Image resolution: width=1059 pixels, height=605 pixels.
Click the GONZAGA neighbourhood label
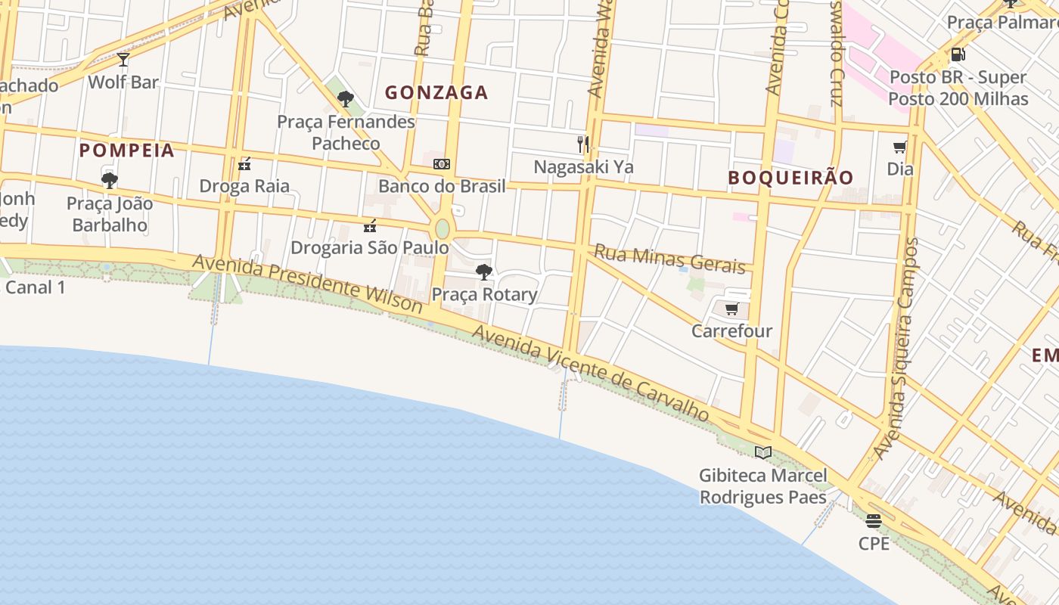(436, 93)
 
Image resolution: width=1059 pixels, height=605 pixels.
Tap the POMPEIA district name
(127, 150)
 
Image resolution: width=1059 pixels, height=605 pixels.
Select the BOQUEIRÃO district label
(790, 178)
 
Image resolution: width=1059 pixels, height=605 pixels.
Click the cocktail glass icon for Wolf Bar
(123, 60)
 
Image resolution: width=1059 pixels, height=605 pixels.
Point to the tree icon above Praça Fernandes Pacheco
(346, 99)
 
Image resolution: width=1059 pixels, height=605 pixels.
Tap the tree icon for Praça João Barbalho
(110, 181)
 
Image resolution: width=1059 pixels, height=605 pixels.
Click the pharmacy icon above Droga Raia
(244, 164)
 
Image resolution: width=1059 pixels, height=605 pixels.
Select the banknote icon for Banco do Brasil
(442, 164)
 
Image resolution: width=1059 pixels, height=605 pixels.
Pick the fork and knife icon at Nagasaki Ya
(583, 144)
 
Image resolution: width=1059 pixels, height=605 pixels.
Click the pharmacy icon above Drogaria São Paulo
(370, 225)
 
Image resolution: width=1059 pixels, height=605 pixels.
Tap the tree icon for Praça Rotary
(484, 272)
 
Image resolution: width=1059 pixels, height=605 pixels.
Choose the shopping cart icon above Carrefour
(731, 309)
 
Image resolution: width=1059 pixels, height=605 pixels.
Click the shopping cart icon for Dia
(900, 147)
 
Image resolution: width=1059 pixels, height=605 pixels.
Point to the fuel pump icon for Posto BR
(958, 54)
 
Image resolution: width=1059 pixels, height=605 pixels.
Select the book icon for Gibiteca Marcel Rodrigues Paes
(763, 453)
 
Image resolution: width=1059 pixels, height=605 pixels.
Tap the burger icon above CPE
(874, 521)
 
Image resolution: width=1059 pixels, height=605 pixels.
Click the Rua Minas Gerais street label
(669, 258)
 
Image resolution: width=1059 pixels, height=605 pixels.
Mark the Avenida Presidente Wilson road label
(307, 284)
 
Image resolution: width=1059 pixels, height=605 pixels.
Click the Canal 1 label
(35, 287)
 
